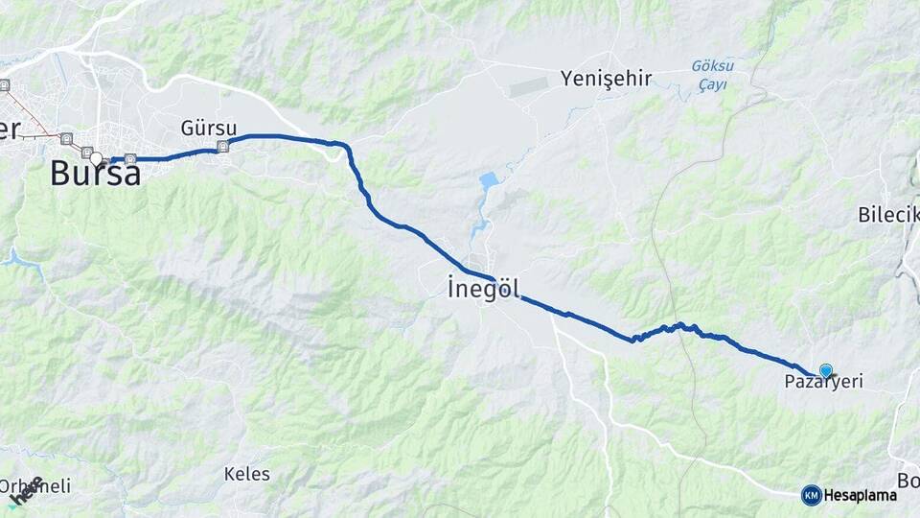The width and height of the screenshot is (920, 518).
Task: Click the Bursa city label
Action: [95, 174]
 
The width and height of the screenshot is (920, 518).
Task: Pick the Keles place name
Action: [246, 474]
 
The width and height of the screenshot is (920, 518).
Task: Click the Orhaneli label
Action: [36, 486]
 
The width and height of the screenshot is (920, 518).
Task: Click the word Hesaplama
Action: [861, 495]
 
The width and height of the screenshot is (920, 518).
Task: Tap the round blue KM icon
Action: [811, 495]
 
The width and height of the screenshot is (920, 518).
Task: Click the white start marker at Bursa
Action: [97, 159]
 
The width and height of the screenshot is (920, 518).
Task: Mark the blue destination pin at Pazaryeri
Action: [825, 370]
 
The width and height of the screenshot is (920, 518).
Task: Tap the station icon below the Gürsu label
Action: [223, 147]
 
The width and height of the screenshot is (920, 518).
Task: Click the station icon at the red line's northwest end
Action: [4, 85]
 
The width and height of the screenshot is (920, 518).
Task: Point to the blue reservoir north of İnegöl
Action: [489, 181]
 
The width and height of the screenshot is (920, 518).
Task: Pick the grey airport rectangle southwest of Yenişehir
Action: [530, 86]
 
